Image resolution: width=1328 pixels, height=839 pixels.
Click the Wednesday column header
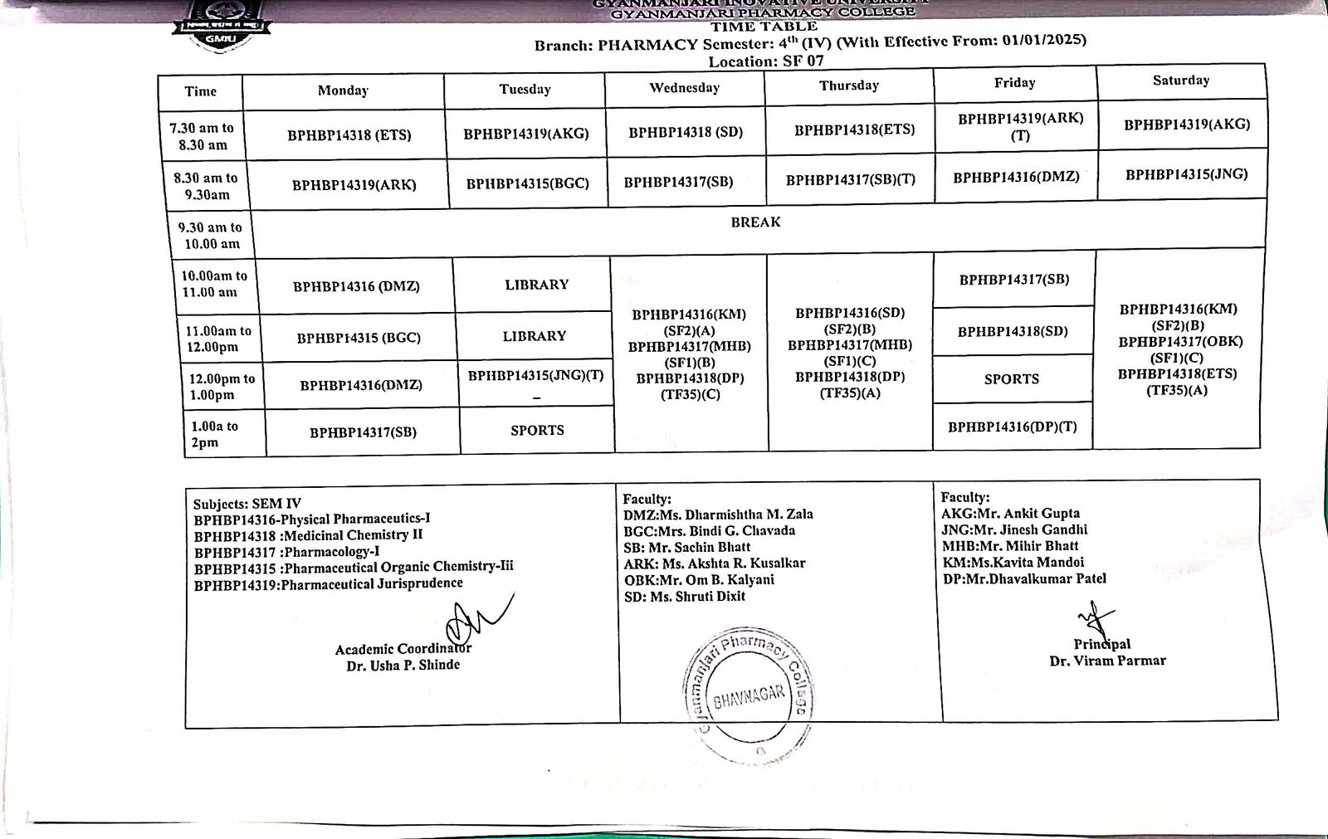(x=685, y=88)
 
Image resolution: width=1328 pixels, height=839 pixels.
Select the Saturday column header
(x=1180, y=80)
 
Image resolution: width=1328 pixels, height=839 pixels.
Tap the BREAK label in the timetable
(x=755, y=222)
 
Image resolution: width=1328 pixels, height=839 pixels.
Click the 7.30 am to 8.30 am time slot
(x=202, y=136)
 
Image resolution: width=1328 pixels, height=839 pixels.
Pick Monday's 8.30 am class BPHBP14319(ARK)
(x=354, y=185)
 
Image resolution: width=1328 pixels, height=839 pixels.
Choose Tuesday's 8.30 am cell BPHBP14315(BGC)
(x=527, y=183)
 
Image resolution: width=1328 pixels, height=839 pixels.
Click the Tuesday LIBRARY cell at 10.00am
(x=536, y=285)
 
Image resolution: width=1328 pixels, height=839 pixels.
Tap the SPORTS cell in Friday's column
(x=1011, y=379)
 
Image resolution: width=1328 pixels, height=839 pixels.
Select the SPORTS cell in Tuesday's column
(x=537, y=430)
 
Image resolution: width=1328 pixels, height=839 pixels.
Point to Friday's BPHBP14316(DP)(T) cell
(x=1012, y=427)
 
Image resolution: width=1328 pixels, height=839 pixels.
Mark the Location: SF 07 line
(x=765, y=61)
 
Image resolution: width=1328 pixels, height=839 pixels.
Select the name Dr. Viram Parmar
(x=1107, y=661)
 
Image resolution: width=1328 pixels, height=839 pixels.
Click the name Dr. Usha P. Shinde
(x=403, y=665)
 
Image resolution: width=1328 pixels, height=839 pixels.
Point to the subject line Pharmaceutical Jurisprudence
(x=328, y=584)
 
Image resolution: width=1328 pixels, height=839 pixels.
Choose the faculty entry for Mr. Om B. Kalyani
(x=699, y=579)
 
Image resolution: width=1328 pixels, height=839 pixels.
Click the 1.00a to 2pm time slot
(x=214, y=434)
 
